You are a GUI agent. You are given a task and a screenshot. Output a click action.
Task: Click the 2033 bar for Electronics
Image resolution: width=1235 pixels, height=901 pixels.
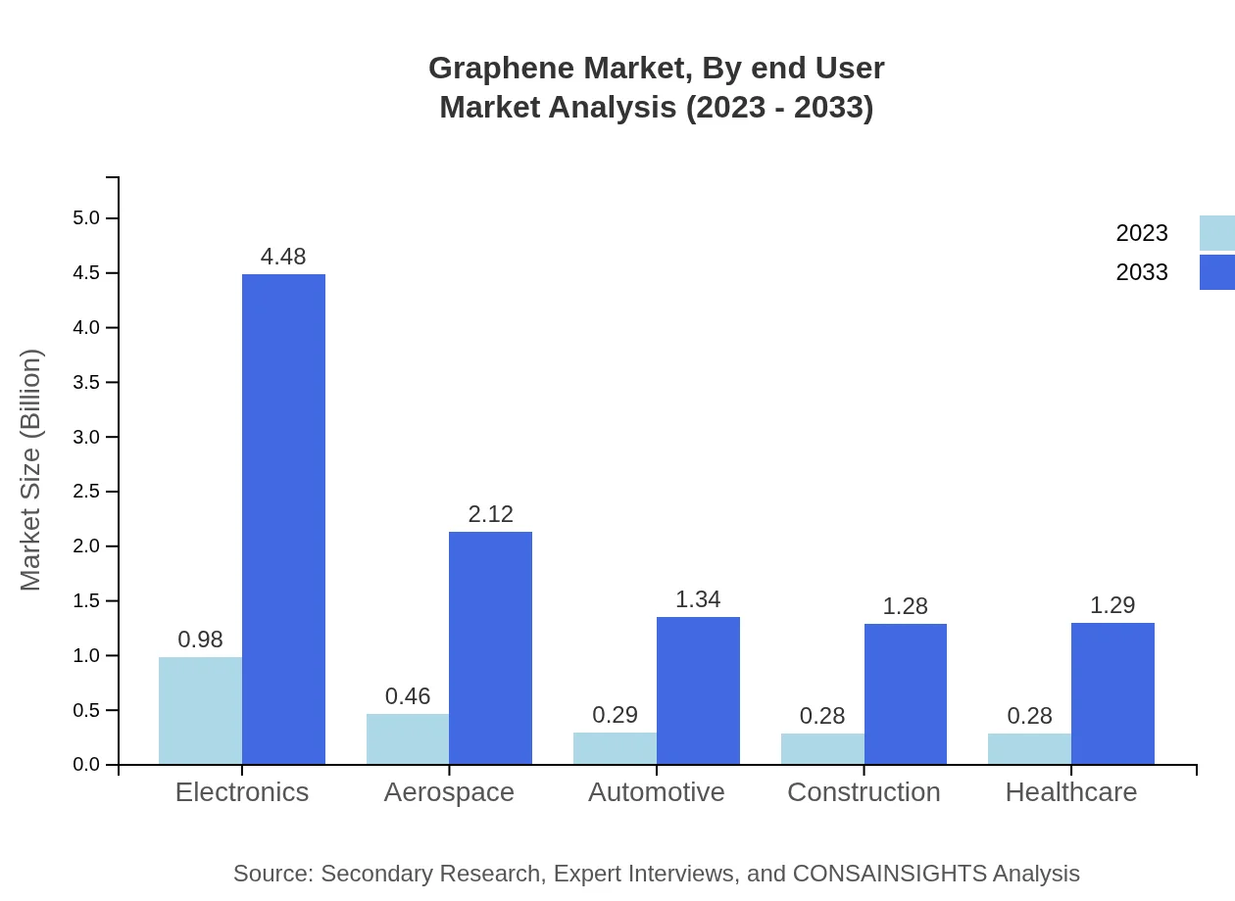tap(283, 519)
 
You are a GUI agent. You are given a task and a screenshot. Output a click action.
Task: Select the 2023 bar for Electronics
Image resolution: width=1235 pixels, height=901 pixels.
tap(200, 710)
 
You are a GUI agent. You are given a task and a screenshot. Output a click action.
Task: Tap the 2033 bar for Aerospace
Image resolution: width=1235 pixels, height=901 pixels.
tap(490, 647)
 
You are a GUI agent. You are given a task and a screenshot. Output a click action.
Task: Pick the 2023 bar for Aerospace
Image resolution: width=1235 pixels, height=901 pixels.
tap(408, 738)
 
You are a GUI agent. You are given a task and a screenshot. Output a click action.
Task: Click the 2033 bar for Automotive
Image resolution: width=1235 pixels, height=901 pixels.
tap(698, 690)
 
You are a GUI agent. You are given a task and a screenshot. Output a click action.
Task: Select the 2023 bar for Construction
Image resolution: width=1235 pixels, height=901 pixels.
tap(822, 748)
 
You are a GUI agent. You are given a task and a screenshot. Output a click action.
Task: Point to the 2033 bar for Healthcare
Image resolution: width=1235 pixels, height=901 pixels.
tap(1112, 693)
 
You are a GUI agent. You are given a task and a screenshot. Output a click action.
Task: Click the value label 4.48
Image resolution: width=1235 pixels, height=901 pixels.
tap(283, 257)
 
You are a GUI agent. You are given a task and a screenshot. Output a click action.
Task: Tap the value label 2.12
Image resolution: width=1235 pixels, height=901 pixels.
tap(490, 514)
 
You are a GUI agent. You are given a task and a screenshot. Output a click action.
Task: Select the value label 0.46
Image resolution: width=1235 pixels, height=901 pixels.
tap(408, 696)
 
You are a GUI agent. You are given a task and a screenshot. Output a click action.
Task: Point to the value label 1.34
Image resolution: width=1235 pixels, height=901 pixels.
tap(698, 599)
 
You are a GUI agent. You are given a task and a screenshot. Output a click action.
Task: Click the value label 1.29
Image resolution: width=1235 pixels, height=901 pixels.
tap(1112, 605)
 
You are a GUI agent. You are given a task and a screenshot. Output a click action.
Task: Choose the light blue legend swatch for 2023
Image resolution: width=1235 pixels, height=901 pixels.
tap(1216, 233)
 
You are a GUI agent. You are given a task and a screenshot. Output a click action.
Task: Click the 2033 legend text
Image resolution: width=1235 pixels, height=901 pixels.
tap(1142, 272)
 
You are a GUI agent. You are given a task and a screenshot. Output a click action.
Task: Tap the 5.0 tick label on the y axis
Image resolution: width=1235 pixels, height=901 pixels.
tap(88, 217)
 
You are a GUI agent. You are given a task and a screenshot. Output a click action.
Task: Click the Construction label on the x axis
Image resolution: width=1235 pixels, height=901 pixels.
tap(864, 791)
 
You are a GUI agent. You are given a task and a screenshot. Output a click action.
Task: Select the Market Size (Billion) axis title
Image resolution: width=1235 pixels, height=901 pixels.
tap(31, 470)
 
